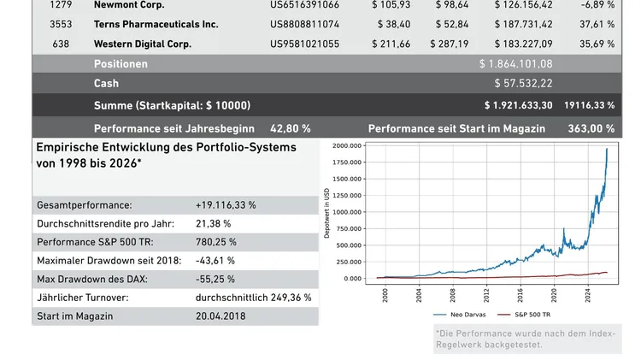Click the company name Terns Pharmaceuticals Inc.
pyautogui.click(x=156, y=24)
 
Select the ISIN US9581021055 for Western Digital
pyautogui.click(x=304, y=44)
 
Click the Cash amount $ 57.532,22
pyautogui.click(x=523, y=84)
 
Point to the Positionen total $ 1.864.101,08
pyautogui.click(x=515, y=64)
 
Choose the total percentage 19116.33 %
pyautogui.click(x=589, y=105)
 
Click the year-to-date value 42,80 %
pyautogui.click(x=290, y=128)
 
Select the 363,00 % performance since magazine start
pyautogui.click(x=591, y=128)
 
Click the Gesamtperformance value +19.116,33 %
pyautogui.click(x=226, y=205)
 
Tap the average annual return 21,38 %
pyautogui.click(x=214, y=223)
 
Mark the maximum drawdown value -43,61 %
pyautogui.click(x=215, y=260)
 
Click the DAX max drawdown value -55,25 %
pyautogui.click(x=215, y=279)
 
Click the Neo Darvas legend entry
pyautogui.click(x=462, y=315)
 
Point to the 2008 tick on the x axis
pyautogui.click(x=453, y=296)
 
